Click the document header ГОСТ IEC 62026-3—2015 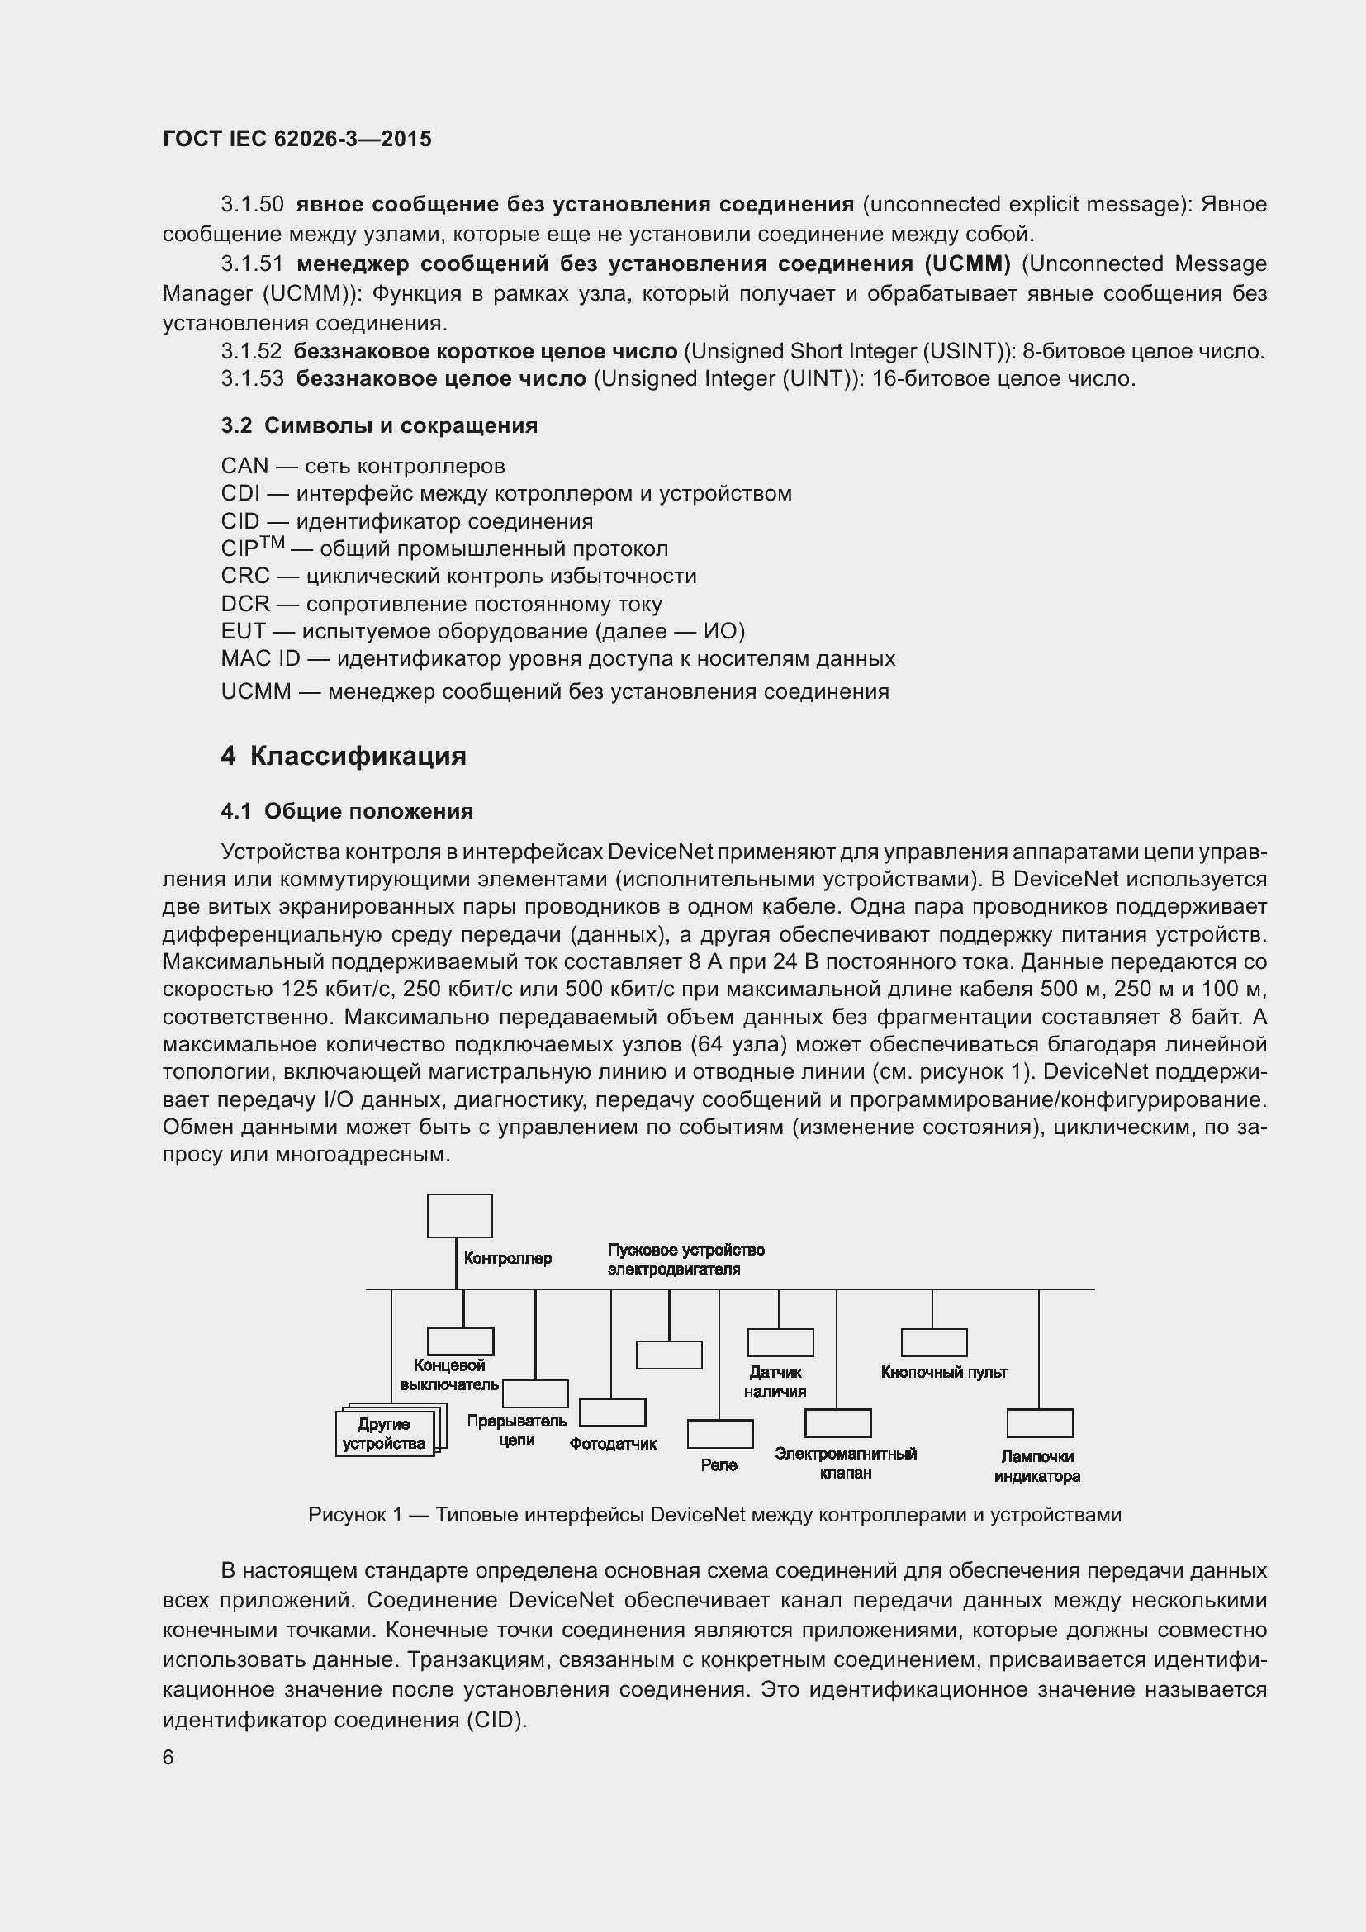[x=297, y=139]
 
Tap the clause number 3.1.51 [x=253, y=264]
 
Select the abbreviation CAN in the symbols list [x=244, y=466]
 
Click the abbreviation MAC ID [x=260, y=659]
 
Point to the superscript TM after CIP [x=273, y=543]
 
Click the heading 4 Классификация [x=344, y=756]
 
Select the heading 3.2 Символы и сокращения [x=379, y=425]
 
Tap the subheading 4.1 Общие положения [x=347, y=811]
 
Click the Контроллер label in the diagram [x=508, y=1258]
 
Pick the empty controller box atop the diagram [x=459, y=1216]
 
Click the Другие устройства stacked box [x=385, y=1434]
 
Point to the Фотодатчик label [x=612, y=1444]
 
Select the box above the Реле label [x=720, y=1434]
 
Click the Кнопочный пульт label [x=944, y=1373]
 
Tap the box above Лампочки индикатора [x=1040, y=1423]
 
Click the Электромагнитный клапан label [x=846, y=1464]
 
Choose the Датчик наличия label [x=775, y=1382]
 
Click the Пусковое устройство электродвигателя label [x=685, y=1260]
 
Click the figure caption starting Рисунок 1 [x=714, y=1516]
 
